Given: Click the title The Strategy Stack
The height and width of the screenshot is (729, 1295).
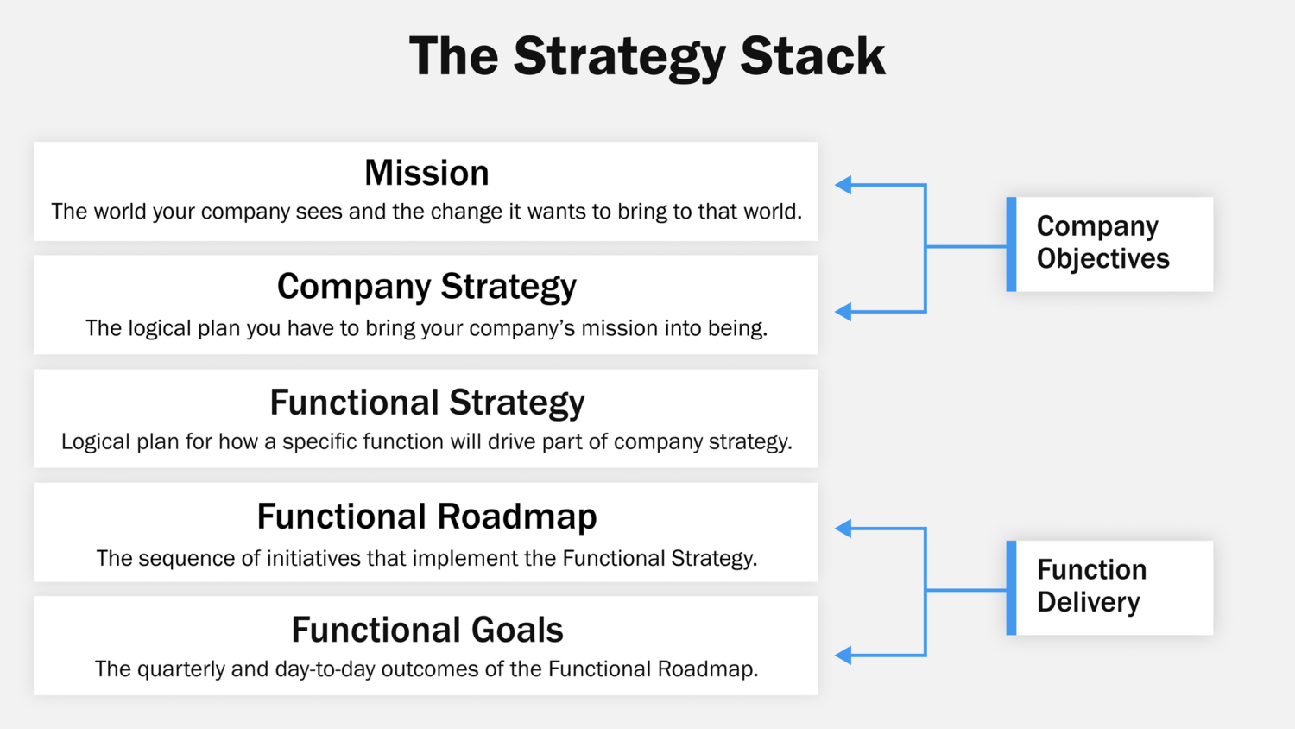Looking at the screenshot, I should pyautogui.click(x=647, y=57).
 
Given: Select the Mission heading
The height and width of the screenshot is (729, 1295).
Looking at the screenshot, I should pyautogui.click(x=426, y=173).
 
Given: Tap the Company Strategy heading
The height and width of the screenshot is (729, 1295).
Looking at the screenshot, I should pyautogui.click(x=426, y=287).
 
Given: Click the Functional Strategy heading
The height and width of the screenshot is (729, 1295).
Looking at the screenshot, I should pyautogui.click(x=426, y=403).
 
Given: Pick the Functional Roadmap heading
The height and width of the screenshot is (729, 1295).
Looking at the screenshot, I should pyautogui.click(x=426, y=517).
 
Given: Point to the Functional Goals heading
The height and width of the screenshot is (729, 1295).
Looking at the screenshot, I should pyautogui.click(x=426, y=630).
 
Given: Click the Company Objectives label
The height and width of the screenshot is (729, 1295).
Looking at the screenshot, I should pyautogui.click(x=1102, y=243).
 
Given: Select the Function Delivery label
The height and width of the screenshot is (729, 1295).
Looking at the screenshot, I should pyautogui.click(x=1091, y=586).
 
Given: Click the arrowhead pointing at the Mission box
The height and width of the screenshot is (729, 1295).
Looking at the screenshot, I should pyautogui.click(x=844, y=185).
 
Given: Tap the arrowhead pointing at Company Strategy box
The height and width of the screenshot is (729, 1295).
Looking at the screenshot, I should pyautogui.click(x=844, y=312).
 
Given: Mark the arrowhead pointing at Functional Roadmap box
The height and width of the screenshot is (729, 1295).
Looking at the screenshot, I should pyautogui.click(x=844, y=529).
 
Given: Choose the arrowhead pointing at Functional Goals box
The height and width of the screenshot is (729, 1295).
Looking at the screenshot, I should pyautogui.click(x=844, y=656).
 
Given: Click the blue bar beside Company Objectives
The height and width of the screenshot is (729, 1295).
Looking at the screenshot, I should pyautogui.click(x=1011, y=244).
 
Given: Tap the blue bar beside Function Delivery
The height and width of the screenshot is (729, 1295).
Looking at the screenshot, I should pyautogui.click(x=1011, y=588).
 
